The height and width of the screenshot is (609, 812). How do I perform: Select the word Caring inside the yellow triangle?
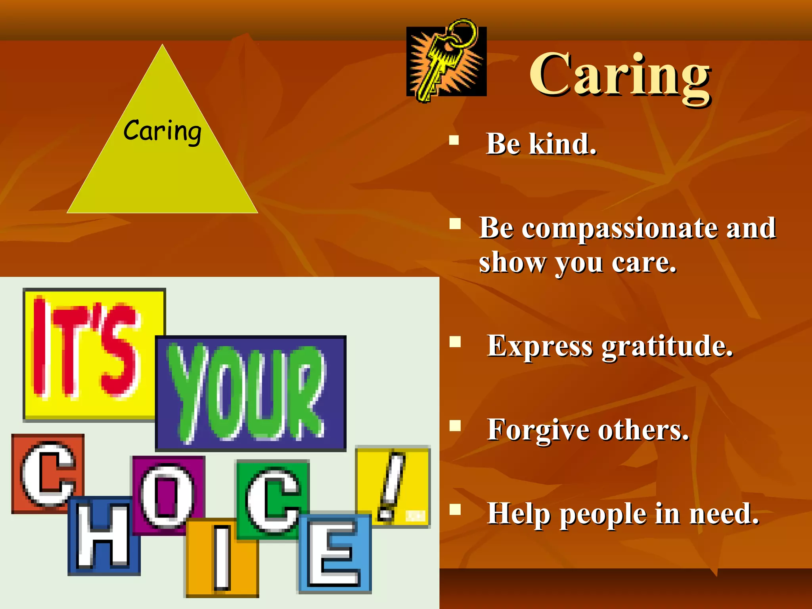point(162,131)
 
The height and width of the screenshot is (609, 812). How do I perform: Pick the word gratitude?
point(667,347)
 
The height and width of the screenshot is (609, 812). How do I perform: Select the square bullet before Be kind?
point(454,140)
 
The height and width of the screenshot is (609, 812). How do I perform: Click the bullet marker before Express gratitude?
point(455,342)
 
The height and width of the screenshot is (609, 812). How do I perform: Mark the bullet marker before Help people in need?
point(455,509)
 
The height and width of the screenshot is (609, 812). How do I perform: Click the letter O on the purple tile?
point(168,496)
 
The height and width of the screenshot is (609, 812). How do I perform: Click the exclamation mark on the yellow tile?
point(391,486)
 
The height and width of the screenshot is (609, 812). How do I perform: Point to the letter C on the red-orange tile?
point(48,474)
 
